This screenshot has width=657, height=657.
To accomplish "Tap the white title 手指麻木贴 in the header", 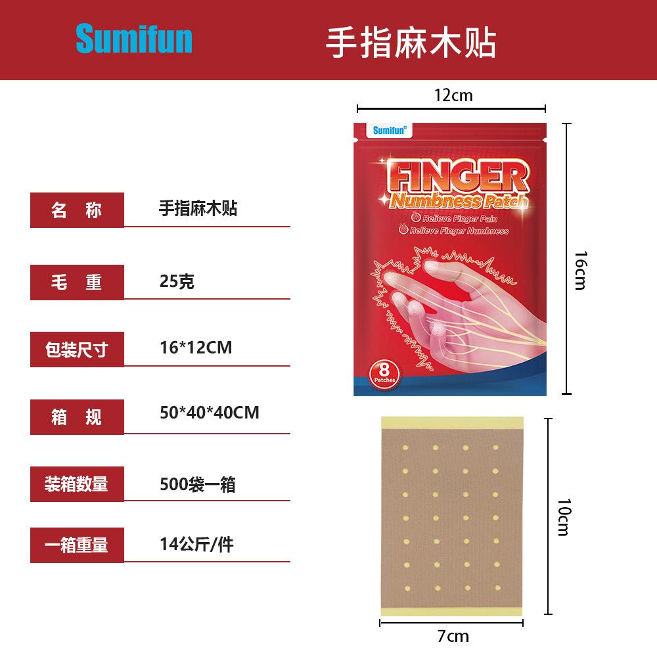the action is point(411,42).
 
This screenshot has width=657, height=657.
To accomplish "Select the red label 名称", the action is point(77,210).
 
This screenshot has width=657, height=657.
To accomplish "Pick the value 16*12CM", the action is point(196,347).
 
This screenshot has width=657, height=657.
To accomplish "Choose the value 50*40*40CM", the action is point(209,413).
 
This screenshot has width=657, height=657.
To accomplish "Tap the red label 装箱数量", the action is point(77,485).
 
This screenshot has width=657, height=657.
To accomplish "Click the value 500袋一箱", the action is point(197,485).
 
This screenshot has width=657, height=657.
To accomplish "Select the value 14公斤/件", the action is point(196,544).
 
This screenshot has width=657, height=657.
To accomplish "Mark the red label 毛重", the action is point(77,282).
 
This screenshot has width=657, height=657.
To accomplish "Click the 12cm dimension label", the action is point(453,96).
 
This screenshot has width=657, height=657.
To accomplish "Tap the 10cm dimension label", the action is point(563,516).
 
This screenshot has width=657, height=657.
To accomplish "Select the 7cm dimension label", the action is point(453,635).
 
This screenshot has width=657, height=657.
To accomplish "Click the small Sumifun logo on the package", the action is point(390,130).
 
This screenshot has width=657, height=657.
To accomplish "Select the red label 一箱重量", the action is point(77,545).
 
